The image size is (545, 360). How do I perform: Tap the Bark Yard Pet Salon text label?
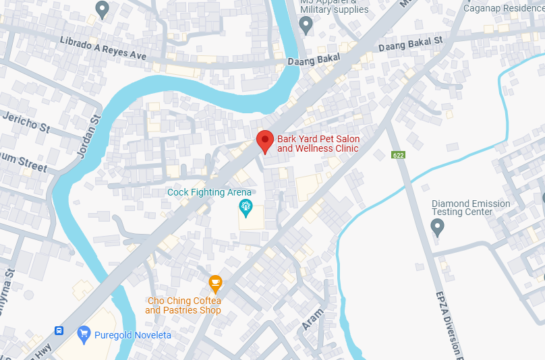coord(318,144)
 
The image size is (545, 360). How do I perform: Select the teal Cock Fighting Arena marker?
coord(246,208)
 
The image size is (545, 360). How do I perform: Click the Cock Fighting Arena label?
coord(209,192)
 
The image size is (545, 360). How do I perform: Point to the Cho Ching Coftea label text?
coord(183,305)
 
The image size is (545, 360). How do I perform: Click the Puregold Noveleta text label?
coord(132,335)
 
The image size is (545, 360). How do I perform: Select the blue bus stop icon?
coord(59,331)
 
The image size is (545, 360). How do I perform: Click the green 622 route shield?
coord(398,155)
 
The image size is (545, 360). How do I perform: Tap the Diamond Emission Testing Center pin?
coord(438,227)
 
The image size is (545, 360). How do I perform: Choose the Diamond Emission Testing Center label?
coord(471,208)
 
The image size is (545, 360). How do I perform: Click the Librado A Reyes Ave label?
coord(103,47)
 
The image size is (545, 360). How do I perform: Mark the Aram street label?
coord(312,318)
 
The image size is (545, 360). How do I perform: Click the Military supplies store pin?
coord(306,26)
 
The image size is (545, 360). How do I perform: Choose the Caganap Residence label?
coord(503,7)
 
